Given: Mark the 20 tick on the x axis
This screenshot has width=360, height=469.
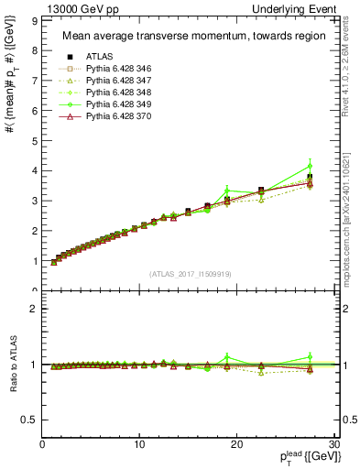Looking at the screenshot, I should [236, 444].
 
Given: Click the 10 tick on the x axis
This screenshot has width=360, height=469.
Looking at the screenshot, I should [139, 444].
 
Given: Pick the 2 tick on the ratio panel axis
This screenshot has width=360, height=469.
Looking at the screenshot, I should [34, 309].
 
